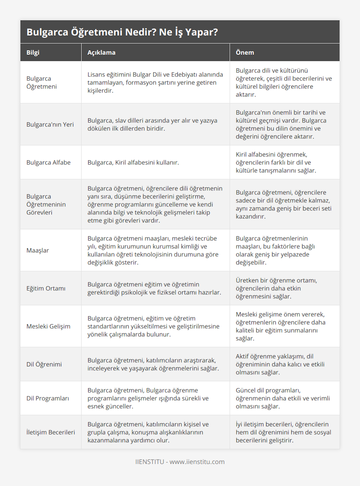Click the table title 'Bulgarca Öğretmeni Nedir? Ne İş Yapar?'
pyautogui.click(x=122, y=32)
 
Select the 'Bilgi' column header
pyautogui.click(x=33, y=52)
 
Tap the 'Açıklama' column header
pyautogui.click(x=101, y=52)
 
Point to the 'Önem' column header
pyautogui.click(x=245, y=52)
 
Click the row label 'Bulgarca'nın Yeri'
pyautogui.click(x=50, y=124)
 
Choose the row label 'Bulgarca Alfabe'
pyautogui.click(x=49, y=162)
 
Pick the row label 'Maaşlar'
pyautogui.click(x=38, y=250)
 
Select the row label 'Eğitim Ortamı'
pyautogui.click(x=46, y=288)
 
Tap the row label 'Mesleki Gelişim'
pyautogui.click(x=48, y=326)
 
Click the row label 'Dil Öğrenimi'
pyautogui.click(x=44, y=364)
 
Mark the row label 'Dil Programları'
pyautogui.click(x=48, y=398)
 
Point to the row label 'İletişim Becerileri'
pyautogui.click(x=51, y=432)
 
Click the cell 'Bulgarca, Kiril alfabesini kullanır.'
pyautogui.click(x=133, y=162)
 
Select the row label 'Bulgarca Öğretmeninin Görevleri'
pyautogui.click(x=46, y=204)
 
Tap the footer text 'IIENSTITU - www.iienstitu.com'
pyautogui.click(x=180, y=462)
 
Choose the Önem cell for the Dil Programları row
pyautogui.click(x=283, y=398)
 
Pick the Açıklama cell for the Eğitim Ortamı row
pyautogui.click(x=154, y=288)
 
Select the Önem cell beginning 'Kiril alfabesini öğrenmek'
pyautogui.click(x=276, y=162)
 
